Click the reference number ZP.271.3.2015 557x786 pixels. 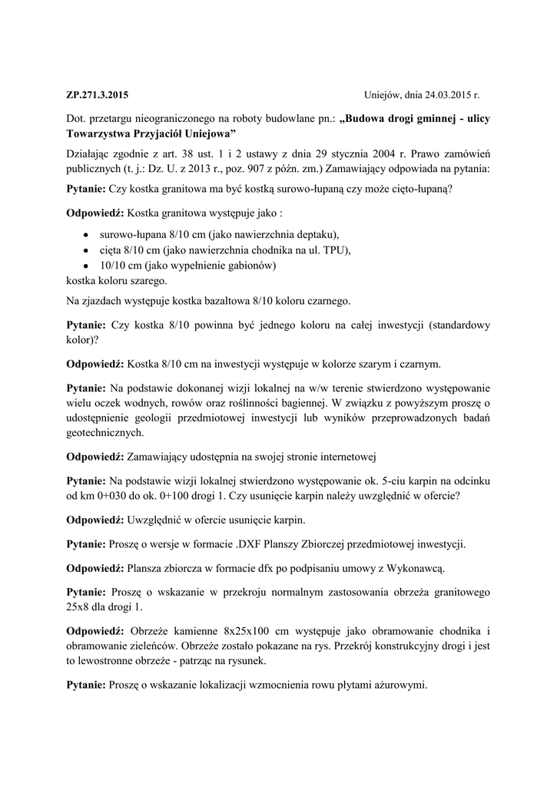pyautogui.click(x=98, y=97)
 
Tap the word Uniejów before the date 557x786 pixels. pyautogui.click(x=383, y=97)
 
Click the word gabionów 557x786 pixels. pyautogui.click(x=250, y=266)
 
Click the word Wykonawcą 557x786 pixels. pyautogui.click(x=413, y=569)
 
